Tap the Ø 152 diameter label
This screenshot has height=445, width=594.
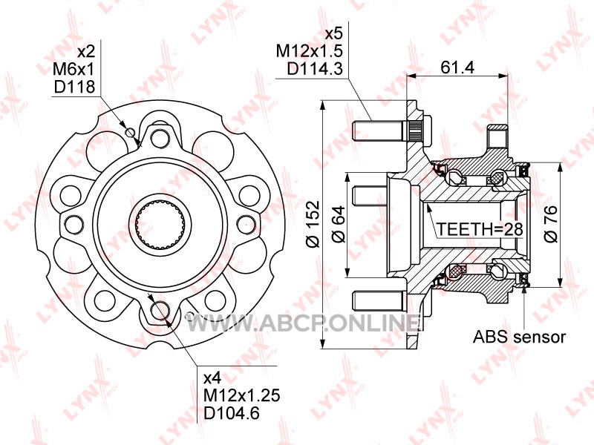(x=313, y=224)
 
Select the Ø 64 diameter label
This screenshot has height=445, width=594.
(x=339, y=224)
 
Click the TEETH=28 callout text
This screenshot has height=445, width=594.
(x=480, y=229)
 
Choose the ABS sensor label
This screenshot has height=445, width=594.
(x=519, y=337)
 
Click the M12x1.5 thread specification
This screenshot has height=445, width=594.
(x=309, y=51)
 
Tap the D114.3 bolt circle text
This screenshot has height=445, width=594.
(x=314, y=69)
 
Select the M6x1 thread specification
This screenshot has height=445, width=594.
(x=73, y=69)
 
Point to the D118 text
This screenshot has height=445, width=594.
(x=74, y=87)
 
